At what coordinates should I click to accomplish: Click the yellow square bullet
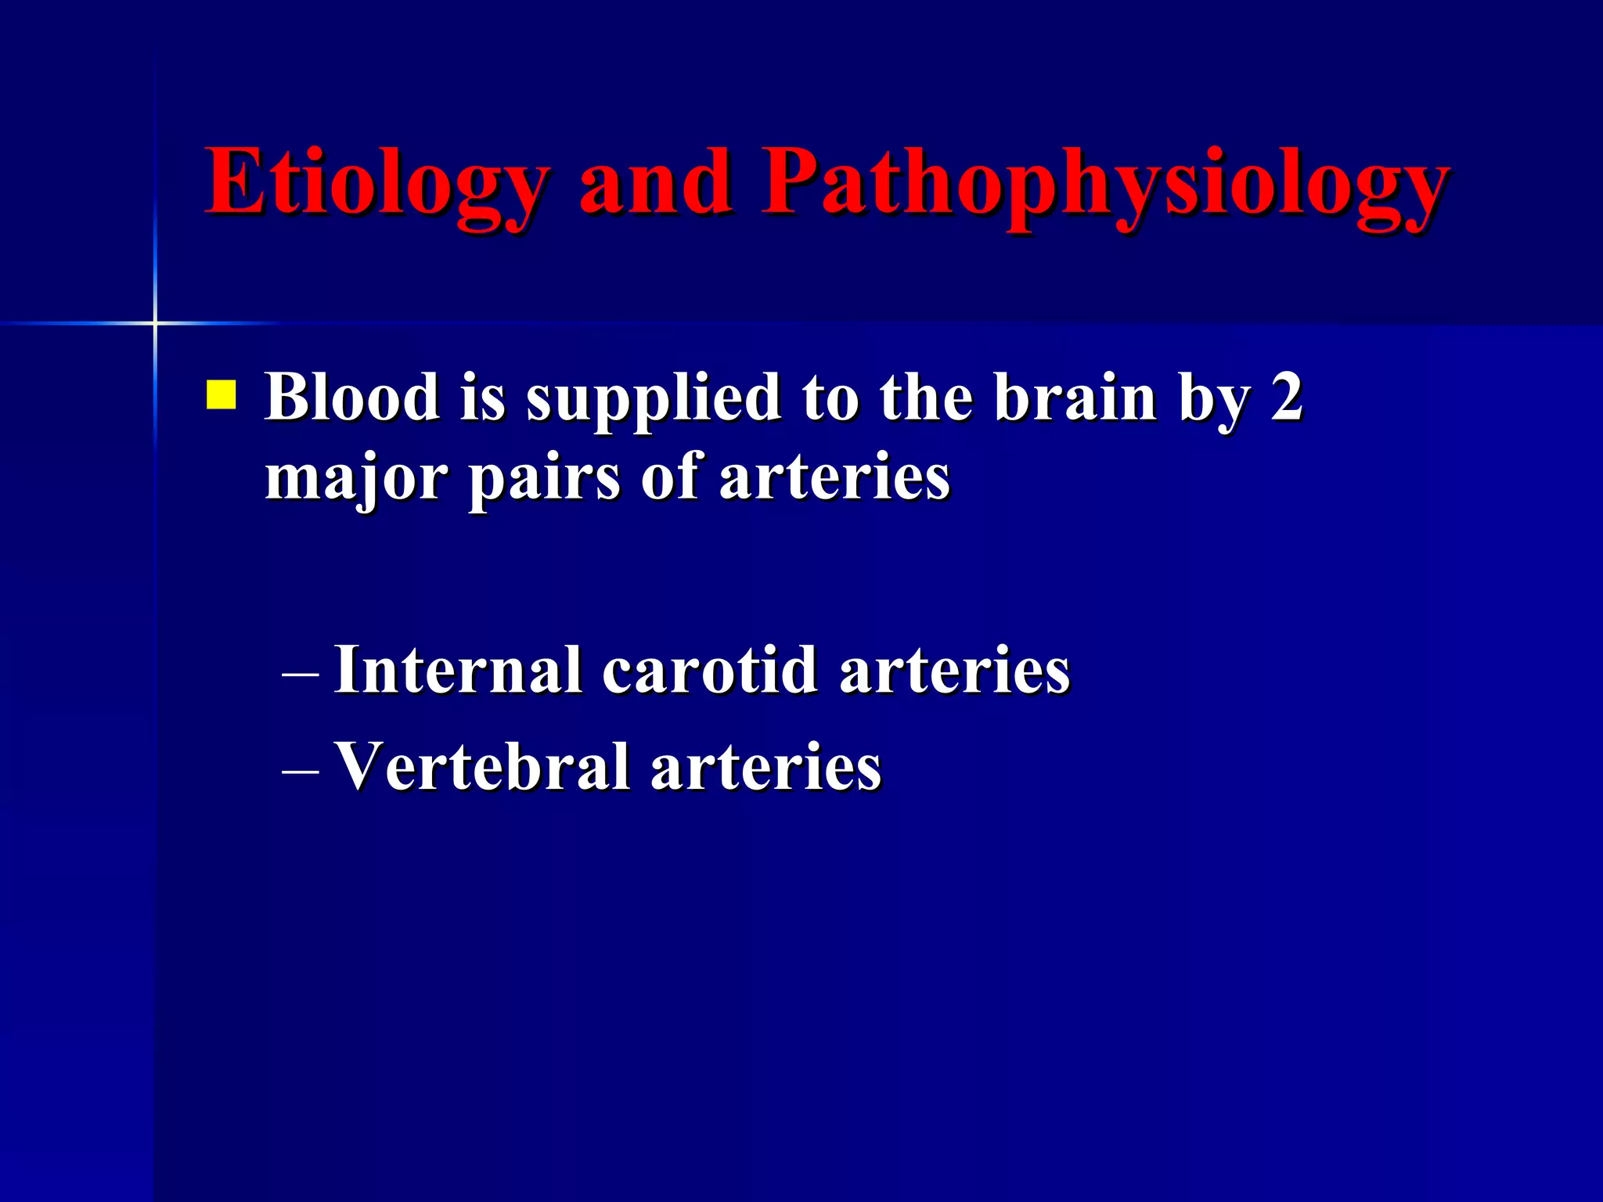pyautogui.click(x=221, y=394)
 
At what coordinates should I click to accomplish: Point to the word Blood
pyautogui.click(x=352, y=397)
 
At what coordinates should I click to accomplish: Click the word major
pyautogui.click(x=356, y=479)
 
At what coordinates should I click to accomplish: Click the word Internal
pyautogui.click(x=458, y=670)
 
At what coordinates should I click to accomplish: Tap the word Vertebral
pyautogui.click(x=482, y=766)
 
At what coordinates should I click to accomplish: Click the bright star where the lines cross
pyautogui.click(x=155, y=322)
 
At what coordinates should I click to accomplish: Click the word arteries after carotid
pyautogui.click(x=954, y=671)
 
